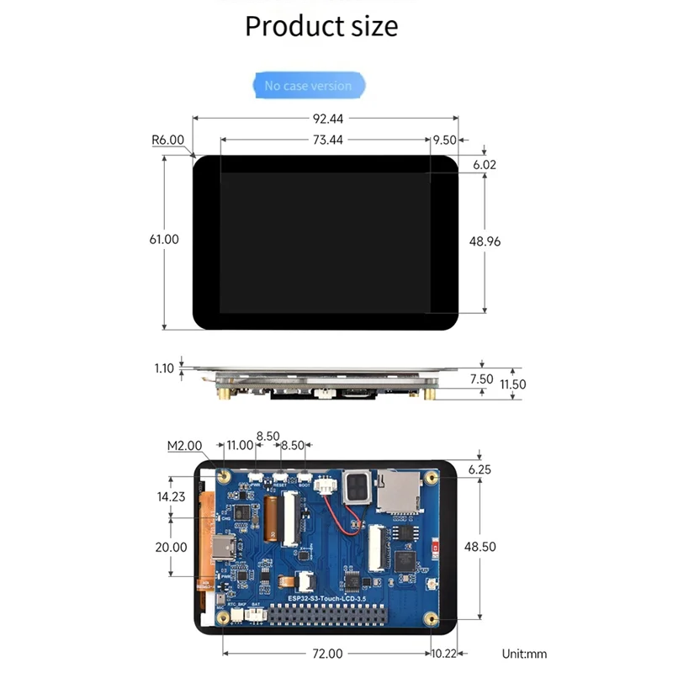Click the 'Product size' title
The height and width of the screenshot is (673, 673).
[x=321, y=26]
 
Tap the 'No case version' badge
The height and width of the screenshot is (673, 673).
[x=308, y=86]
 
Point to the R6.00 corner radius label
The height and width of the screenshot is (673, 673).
[x=167, y=140]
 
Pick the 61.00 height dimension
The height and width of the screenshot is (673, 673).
[x=164, y=239]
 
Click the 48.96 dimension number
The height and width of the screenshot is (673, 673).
[x=485, y=241]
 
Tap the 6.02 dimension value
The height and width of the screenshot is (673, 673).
[x=485, y=165]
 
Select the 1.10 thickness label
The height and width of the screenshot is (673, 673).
[x=164, y=368]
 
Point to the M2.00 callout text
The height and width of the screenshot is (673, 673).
[x=184, y=445]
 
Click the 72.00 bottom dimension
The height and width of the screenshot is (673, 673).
[x=326, y=653]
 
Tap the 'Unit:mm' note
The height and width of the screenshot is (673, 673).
[x=524, y=653]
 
